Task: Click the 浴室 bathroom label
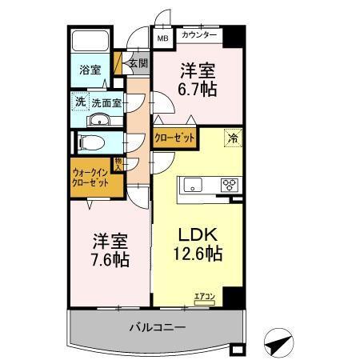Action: pos(90,70)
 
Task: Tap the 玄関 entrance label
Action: pos(138,62)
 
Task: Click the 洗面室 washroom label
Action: pos(105,102)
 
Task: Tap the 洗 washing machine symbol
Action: pos(80,101)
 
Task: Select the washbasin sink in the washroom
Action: pos(100,120)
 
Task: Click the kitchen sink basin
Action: pos(194,186)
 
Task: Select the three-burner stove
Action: pos(230,186)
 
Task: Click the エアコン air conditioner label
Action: pos(203,298)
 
